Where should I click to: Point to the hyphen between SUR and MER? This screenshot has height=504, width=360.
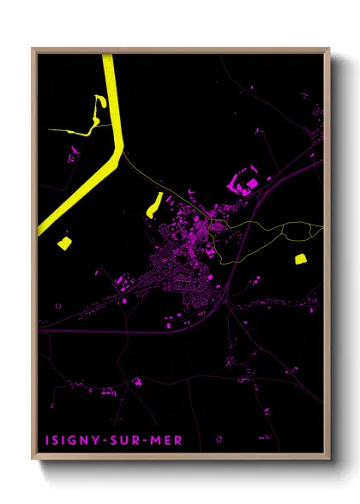[x=136, y=440]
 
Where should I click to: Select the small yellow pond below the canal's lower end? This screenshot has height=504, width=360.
[x=63, y=243]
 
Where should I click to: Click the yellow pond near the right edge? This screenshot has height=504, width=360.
[x=300, y=258]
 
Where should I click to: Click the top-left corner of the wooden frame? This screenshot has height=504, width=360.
[x=33, y=49]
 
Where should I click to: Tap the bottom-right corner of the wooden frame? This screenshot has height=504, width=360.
[x=328, y=460]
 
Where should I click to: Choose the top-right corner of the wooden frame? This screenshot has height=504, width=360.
[x=328, y=49]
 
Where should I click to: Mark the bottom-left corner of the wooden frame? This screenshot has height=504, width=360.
[x=33, y=460]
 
